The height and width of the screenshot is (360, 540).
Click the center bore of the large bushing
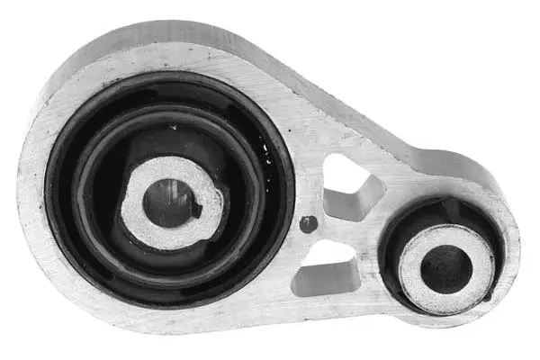[166, 202]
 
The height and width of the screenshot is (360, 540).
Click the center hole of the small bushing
[445, 268]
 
